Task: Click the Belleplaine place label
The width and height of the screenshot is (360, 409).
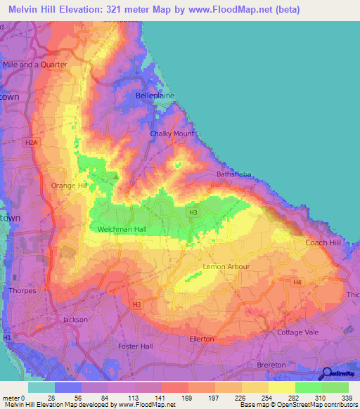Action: point(154,95)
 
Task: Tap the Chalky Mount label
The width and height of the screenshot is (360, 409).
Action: point(172,134)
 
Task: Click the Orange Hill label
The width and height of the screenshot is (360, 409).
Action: point(68,186)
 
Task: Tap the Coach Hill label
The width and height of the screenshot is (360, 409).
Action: point(323,242)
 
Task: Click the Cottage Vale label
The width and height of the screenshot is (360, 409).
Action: point(299,332)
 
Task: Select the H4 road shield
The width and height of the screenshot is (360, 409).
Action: point(297,283)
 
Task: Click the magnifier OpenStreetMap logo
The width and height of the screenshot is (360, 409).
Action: point(326,373)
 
